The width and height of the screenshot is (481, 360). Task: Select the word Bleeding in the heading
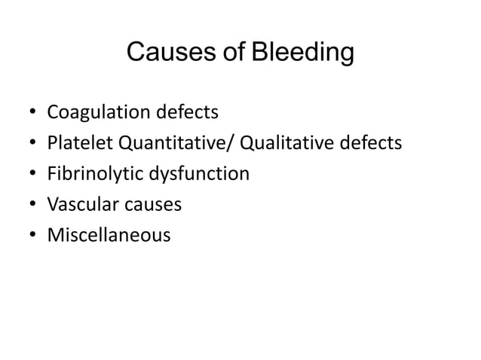click(x=302, y=53)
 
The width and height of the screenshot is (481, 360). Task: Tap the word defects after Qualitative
click(x=366, y=144)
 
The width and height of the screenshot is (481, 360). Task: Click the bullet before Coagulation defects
click(x=31, y=114)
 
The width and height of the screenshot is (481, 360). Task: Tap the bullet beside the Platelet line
click(x=31, y=145)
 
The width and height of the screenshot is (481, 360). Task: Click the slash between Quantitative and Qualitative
click(x=232, y=144)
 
